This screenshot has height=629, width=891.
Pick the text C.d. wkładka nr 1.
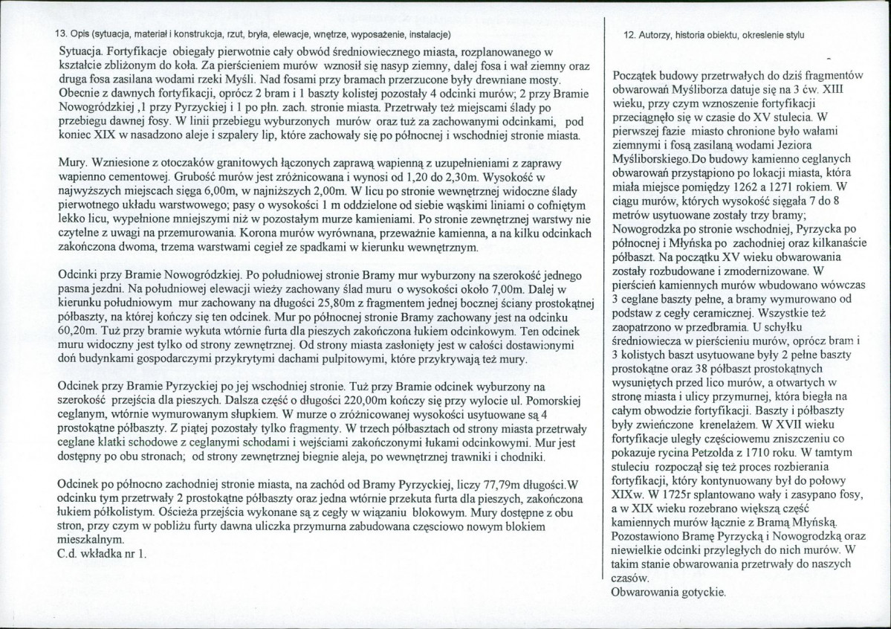pos(103,554)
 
